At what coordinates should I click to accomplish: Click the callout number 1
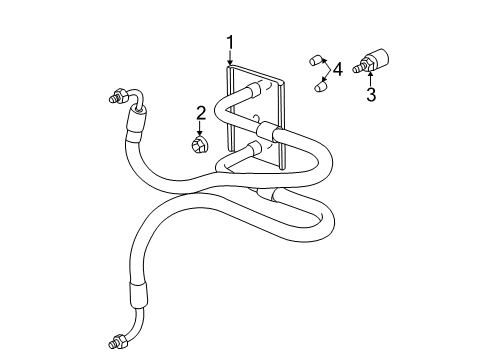point(230,42)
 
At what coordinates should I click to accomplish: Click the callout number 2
point(201,113)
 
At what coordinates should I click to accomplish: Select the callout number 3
point(372,95)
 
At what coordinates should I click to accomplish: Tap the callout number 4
point(337,69)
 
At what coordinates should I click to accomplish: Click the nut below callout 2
point(200,146)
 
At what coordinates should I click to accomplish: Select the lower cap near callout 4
point(319,86)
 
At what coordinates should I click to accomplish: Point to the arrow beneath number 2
point(200,129)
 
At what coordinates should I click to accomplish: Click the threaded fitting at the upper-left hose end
point(113,98)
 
